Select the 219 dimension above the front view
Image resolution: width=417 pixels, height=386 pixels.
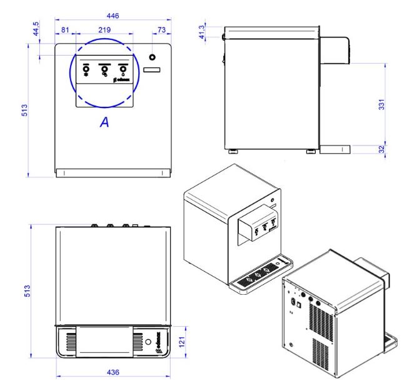pos(104,29)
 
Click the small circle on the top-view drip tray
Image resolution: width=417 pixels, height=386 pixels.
pos(148,343)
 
